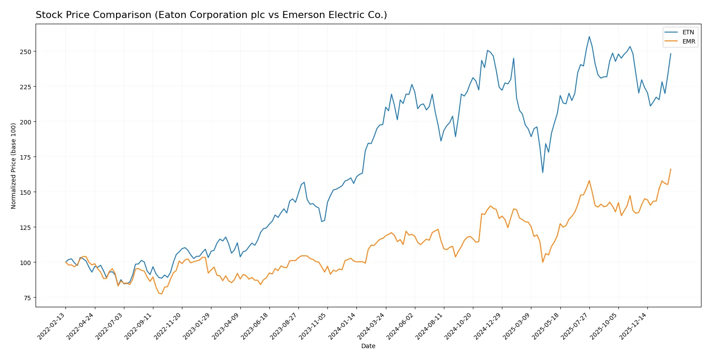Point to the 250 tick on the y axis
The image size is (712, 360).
[x=25, y=51]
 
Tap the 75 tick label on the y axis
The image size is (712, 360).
[x=27, y=298]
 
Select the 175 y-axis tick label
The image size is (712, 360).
[x=25, y=157]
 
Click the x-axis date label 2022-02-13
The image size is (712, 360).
[x=52, y=326]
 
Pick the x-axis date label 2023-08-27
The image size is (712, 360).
[x=284, y=326]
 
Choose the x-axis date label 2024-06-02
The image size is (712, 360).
[x=401, y=326]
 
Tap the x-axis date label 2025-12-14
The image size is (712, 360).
[x=633, y=326]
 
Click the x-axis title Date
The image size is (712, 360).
[x=368, y=346]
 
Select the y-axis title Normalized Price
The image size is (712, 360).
[x=14, y=166]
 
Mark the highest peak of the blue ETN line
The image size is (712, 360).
[x=589, y=36]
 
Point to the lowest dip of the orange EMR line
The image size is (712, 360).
[x=161, y=294]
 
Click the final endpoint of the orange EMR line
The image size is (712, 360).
[x=671, y=169]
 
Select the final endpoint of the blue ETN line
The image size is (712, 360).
[x=671, y=54]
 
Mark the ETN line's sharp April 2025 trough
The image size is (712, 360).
[x=543, y=172]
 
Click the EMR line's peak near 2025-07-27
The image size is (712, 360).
[x=589, y=180]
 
